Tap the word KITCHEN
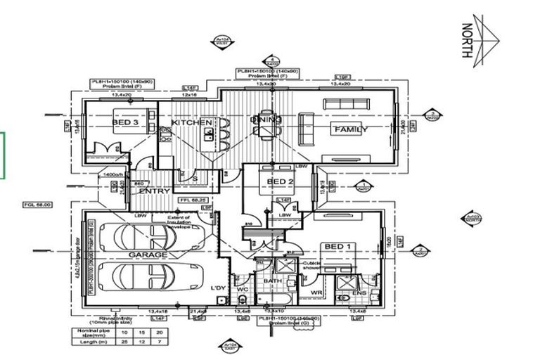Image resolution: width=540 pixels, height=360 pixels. click(x=192, y=122)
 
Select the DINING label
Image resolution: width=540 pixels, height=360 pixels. click(x=266, y=120)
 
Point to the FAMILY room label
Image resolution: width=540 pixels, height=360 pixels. click(x=350, y=129)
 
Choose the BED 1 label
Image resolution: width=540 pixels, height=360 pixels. click(x=336, y=246)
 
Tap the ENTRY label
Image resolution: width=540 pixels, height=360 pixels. click(x=154, y=191)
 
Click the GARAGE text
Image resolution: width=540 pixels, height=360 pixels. click(x=148, y=255)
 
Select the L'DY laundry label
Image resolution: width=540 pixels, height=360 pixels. click(x=217, y=288)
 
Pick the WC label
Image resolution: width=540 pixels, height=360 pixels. click(x=241, y=288)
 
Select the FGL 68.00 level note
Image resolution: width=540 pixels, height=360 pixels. click(x=37, y=204)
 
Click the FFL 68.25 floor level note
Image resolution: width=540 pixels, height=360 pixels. click(x=191, y=200)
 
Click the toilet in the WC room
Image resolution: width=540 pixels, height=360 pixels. click(x=241, y=300)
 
